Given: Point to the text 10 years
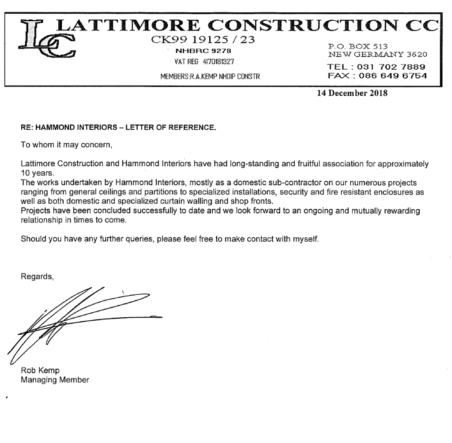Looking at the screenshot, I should pos(35,172).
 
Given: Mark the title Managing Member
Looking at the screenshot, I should pos(55,379).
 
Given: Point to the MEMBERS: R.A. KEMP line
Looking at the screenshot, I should pos(209,76).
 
